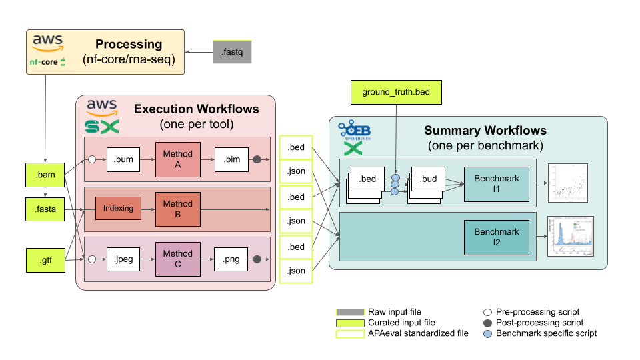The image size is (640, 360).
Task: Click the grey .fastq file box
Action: coord(233,51)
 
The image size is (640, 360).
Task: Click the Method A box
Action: coord(177,159)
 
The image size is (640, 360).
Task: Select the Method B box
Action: coord(177,209)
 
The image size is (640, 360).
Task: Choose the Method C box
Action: coord(177,259)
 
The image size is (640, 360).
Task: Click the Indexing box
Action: coord(118,209)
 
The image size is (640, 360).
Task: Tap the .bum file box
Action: coord(123,159)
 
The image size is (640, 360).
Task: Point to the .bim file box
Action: coord(231,159)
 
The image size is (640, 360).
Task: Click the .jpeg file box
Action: coord(123,259)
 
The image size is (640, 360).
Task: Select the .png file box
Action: coord(231,259)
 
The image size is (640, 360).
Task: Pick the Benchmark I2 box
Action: coord(496,237)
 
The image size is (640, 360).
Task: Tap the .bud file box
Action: coord(429,179)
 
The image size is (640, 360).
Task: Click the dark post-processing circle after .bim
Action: coord(257,159)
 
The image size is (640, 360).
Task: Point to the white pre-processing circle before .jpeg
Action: coord(92,259)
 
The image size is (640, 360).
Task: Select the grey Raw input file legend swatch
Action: coord(349,312)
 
